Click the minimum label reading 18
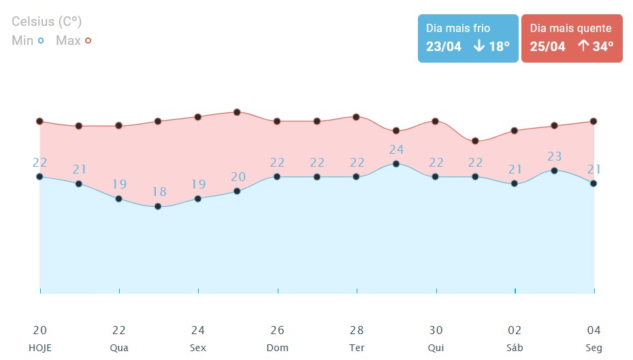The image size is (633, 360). (159, 192)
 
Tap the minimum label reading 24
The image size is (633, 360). (397, 150)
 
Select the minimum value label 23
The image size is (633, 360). (555, 157)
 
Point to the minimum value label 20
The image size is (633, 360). (238, 177)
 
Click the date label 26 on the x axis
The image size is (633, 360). (277, 330)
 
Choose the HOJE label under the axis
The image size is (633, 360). (40, 348)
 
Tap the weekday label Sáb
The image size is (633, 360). (515, 348)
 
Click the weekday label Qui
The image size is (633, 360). (436, 348)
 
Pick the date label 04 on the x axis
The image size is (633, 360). (594, 330)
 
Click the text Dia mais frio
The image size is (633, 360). (458, 29)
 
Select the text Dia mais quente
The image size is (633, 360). (570, 29)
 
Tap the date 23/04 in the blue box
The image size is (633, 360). (444, 46)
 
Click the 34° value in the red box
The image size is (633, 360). (596, 46)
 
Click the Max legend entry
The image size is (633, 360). (74, 41)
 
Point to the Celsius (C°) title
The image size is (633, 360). (47, 22)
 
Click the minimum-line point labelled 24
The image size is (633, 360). (396, 164)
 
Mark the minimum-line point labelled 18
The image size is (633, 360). (158, 206)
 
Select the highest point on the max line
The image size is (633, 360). (237, 112)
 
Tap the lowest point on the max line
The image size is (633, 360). (476, 141)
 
